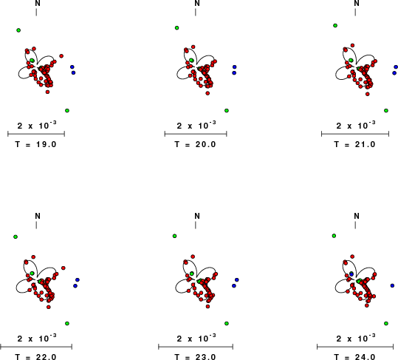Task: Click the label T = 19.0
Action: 35,144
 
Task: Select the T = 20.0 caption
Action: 195,144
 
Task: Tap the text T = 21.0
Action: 354,144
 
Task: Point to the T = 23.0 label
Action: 195,357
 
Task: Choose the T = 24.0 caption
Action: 354,357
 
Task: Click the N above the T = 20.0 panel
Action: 197,3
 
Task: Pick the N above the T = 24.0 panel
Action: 357,216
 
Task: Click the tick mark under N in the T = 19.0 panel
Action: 36,12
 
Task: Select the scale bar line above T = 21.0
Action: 355,134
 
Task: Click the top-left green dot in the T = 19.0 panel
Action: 18,30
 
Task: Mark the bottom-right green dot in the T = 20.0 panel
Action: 227,111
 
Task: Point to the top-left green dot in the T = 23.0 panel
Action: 174,236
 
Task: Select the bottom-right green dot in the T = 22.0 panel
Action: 67,324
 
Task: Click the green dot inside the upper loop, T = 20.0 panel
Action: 191,60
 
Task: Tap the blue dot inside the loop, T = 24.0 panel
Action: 351,274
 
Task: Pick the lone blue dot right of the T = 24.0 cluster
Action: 392,285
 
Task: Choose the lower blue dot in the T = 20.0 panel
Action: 234,73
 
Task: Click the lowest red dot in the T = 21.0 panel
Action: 368,94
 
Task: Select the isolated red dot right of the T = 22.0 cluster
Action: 64,268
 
